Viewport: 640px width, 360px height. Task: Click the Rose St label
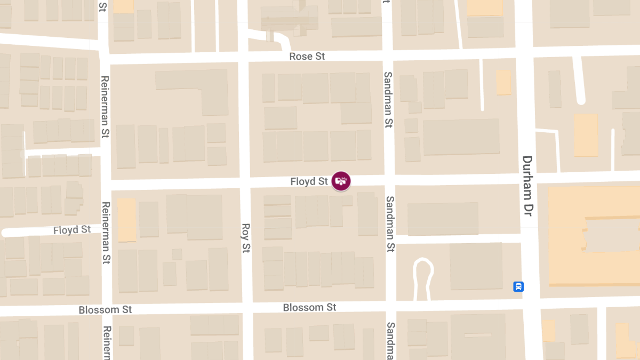[307, 56]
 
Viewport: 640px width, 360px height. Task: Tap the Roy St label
[246, 238]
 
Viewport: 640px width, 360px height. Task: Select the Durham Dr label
[527, 186]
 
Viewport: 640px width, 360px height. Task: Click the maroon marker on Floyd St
[341, 181]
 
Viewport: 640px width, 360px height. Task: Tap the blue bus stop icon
[518, 286]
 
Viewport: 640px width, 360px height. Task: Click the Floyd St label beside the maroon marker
[309, 182]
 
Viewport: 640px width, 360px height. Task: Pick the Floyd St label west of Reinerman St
[72, 230]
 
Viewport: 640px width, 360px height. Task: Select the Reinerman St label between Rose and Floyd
[105, 107]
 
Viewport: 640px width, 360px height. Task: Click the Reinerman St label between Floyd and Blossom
[106, 233]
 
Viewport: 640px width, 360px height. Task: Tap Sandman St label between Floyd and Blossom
[390, 224]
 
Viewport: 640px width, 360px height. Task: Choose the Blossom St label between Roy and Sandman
[309, 308]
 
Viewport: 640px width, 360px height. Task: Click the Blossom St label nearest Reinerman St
[105, 310]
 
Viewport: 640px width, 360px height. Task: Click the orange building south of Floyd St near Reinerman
[126, 219]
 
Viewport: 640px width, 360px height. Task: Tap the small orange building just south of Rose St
[503, 83]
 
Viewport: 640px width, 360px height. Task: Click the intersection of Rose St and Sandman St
[388, 55]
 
